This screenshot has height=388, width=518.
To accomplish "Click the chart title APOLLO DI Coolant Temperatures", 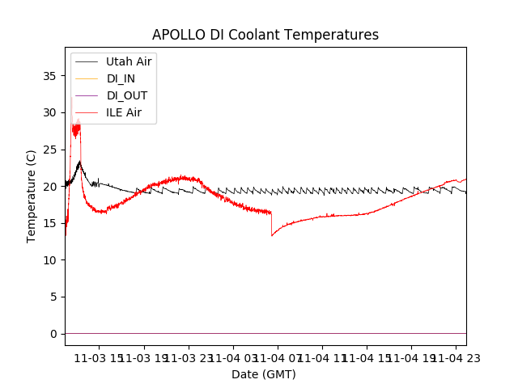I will coord(265,35).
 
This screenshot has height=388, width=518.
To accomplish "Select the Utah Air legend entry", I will coord(129,61).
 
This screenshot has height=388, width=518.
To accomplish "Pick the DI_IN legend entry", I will coord(122,78).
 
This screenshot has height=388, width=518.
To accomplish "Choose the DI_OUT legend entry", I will coord(126,95).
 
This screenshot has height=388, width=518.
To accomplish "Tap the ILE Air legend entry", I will coord(124,112).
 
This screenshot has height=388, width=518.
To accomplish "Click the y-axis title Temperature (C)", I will coord(32,196).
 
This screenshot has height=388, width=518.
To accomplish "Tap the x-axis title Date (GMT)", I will coord(264,374).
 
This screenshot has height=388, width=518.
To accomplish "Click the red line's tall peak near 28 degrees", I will coord(76,127).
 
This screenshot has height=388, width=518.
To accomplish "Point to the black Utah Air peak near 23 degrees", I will coord(79,162).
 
